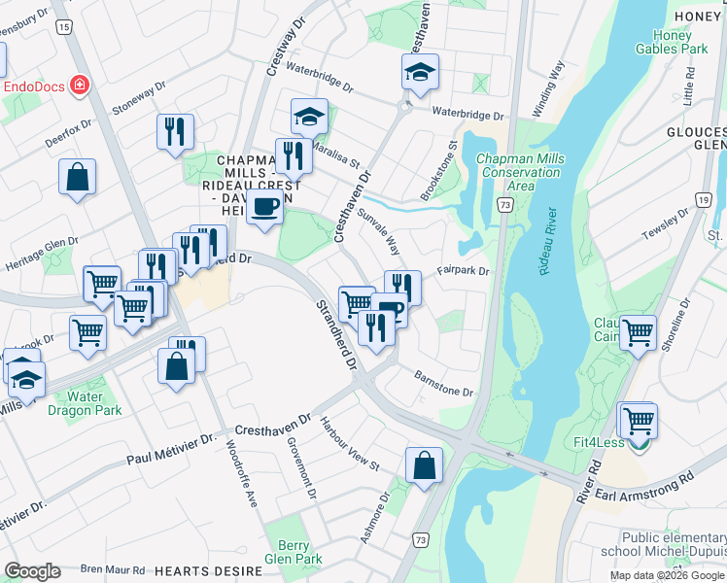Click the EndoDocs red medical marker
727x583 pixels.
point(79,86)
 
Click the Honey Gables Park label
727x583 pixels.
point(679,42)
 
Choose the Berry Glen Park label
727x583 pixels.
point(293,552)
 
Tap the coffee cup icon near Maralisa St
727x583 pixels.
point(264,207)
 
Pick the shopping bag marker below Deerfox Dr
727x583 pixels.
point(77,178)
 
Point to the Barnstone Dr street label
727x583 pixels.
point(443,384)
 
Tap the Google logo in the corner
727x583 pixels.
point(32,571)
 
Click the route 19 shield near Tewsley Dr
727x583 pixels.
point(702,199)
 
